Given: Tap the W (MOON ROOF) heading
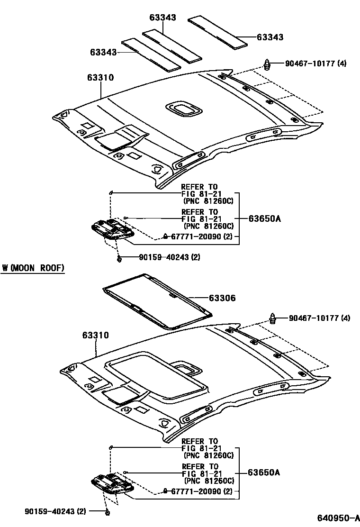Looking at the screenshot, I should pyautogui.click(x=33, y=268).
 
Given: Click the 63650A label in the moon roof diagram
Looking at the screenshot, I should pyautogui.click(x=264, y=472).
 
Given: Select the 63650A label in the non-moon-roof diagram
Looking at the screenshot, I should pyautogui.click(x=264, y=218).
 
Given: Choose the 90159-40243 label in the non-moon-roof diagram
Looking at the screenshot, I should pyautogui.click(x=169, y=257).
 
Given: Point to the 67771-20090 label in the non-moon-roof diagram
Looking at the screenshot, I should pyautogui.click(x=201, y=236).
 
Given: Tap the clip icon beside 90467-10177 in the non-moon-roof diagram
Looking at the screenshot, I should pyautogui.click(x=268, y=64).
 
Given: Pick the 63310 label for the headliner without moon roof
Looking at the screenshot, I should pyautogui.click(x=100, y=78).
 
